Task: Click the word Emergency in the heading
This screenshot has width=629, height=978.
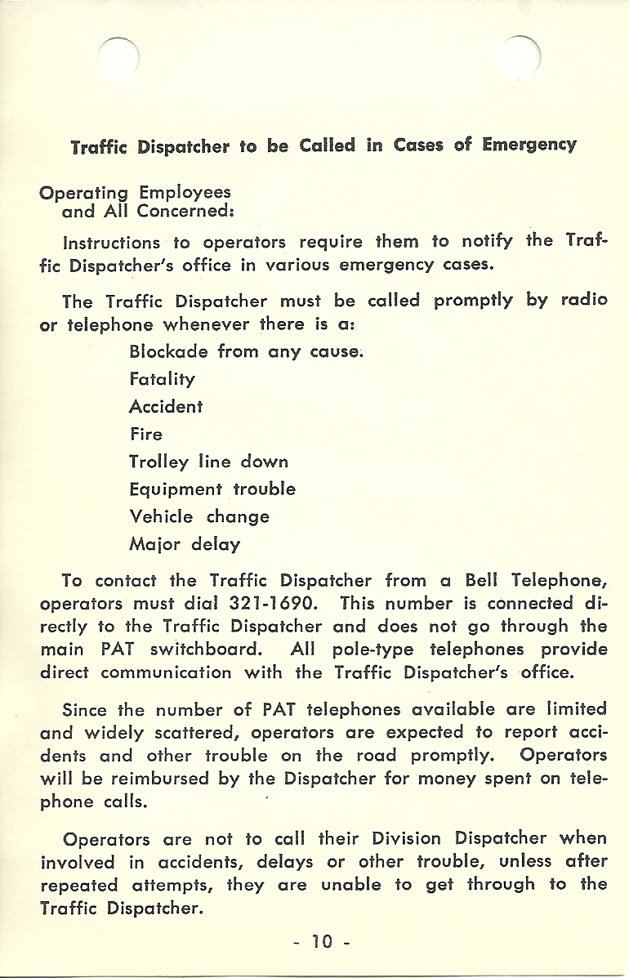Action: tap(529, 145)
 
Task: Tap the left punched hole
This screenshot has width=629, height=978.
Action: tap(118, 56)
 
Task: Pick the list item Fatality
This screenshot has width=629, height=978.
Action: tap(162, 380)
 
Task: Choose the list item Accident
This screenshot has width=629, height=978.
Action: tap(166, 407)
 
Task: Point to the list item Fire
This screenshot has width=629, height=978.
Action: tap(146, 434)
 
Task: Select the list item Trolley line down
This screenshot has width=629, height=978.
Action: tap(208, 462)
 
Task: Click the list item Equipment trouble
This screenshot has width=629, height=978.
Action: tap(212, 489)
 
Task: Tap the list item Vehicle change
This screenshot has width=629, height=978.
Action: tap(199, 516)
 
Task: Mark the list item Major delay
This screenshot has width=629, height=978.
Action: tap(185, 544)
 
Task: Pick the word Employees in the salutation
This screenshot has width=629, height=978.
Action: tap(185, 193)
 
